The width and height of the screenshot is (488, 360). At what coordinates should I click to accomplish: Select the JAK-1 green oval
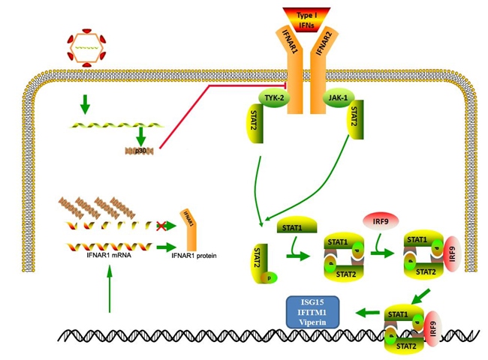click(337, 97)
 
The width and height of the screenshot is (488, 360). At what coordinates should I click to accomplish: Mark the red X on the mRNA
click(159, 225)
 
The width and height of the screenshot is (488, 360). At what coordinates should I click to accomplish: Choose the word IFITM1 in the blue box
click(312, 313)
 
